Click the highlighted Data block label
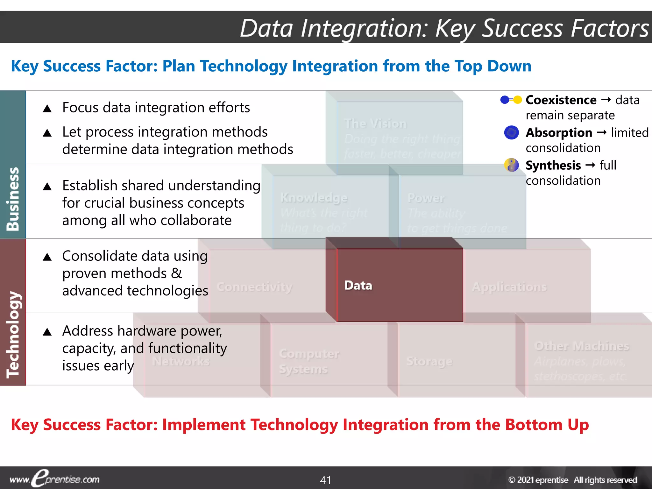(358, 286)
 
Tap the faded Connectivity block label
(254, 287)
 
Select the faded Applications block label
(509, 287)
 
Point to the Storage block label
(429, 361)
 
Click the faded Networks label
(181, 361)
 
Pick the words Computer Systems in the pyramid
(309, 361)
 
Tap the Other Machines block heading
(582, 346)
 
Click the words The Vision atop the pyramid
(376, 124)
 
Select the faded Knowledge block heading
(314, 198)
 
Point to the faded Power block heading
(426, 198)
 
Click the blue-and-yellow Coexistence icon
(511, 100)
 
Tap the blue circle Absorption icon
(512, 132)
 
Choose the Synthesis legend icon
(512, 165)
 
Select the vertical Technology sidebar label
(13, 334)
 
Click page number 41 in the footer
(326, 480)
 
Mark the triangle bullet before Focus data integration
(47, 109)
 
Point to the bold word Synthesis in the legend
(553, 165)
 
